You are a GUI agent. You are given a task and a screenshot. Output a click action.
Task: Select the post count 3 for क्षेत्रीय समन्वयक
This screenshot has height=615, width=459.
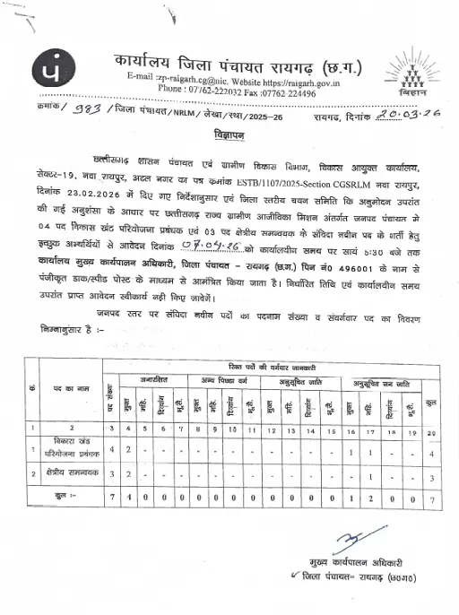(x=109, y=472)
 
